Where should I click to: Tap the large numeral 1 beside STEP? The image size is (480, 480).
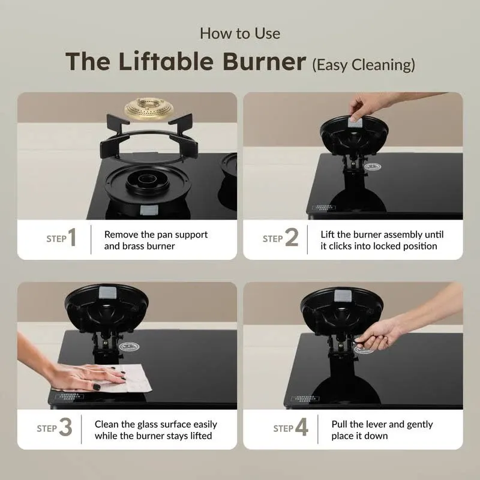(72, 238)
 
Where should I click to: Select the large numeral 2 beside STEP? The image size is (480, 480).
(292, 238)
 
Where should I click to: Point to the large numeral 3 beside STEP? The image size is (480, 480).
(65, 428)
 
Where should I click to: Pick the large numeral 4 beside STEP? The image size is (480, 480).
(302, 428)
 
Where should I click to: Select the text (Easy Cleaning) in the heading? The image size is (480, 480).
(363, 64)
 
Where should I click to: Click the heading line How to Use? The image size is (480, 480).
(240, 33)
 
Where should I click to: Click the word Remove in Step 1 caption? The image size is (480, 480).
(122, 235)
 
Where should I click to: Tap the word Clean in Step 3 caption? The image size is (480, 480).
(107, 424)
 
